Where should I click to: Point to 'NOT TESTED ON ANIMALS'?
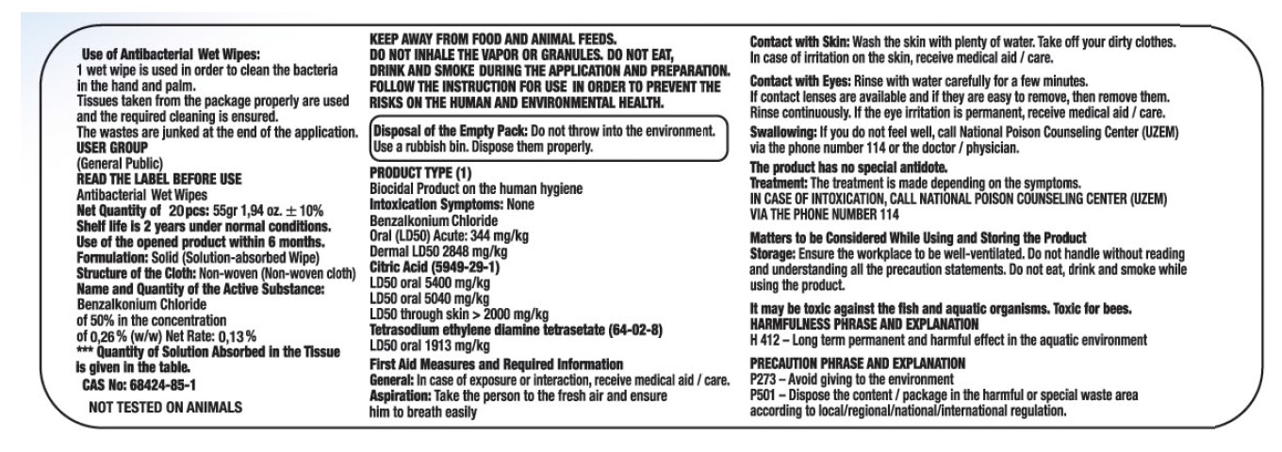click(164, 408)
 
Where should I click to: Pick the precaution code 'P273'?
click(764, 379)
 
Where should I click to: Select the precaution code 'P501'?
click(764, 395)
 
